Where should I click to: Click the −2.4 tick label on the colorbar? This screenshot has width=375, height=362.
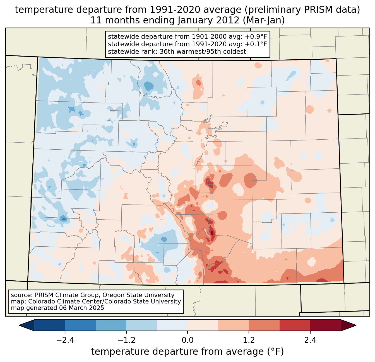[x=65, y=340]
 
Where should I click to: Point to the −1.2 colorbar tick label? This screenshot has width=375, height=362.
[x=126, y=340]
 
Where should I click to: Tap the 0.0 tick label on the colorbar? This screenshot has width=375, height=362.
[x=187, y=340]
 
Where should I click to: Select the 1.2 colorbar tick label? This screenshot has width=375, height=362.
[x=249, y=340]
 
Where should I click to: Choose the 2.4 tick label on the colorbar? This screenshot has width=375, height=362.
[x=310, y=340]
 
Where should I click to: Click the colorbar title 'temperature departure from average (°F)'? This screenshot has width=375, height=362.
[x=187, y=352]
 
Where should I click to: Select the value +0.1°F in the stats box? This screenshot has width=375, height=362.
[x=256, y=44]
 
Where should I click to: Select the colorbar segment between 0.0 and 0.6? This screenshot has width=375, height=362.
[x=203, y=325]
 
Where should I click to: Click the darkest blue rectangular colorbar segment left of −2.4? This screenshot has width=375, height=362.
[x=50, y=325]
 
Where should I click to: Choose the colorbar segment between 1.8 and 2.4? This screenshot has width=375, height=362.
[x=295, y=325]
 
